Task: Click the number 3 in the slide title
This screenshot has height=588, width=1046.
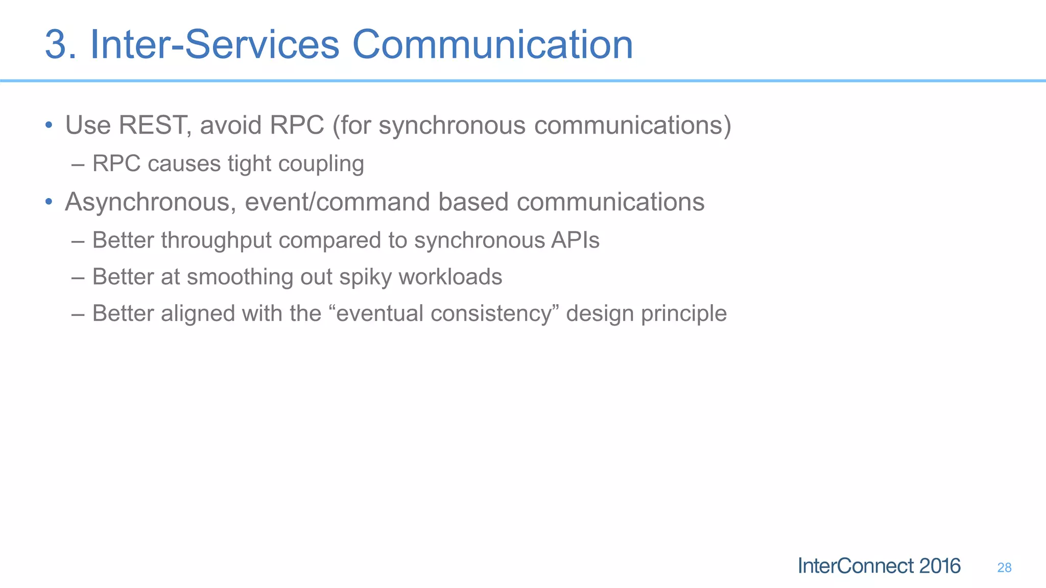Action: (x=57, y=45)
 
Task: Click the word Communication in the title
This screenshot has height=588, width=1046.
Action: (x=492, y=45)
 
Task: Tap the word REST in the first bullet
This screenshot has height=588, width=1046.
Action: (x=152, y=125)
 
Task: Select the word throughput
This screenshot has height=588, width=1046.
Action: (x=216, y=240)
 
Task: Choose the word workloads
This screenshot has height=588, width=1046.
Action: (x=450, y=277)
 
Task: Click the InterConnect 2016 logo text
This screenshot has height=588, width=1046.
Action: (x=878, y=566)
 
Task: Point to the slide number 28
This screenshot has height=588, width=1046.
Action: (x=1004, y=568)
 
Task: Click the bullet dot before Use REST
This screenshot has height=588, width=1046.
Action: (x=49, y=125)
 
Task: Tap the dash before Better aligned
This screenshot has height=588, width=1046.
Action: (x=78, y=313)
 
